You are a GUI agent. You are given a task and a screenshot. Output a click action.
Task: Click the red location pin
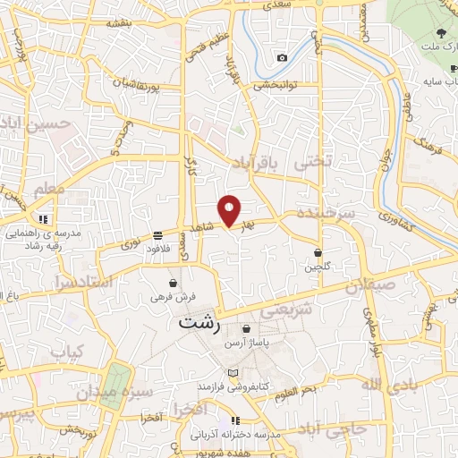pos(231,210)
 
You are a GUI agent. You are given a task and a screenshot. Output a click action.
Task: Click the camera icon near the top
pos(283,57)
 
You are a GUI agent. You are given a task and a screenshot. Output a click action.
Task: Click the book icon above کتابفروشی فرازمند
pos(233,372)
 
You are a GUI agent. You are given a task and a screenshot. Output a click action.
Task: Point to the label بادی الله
pos(386,384)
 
